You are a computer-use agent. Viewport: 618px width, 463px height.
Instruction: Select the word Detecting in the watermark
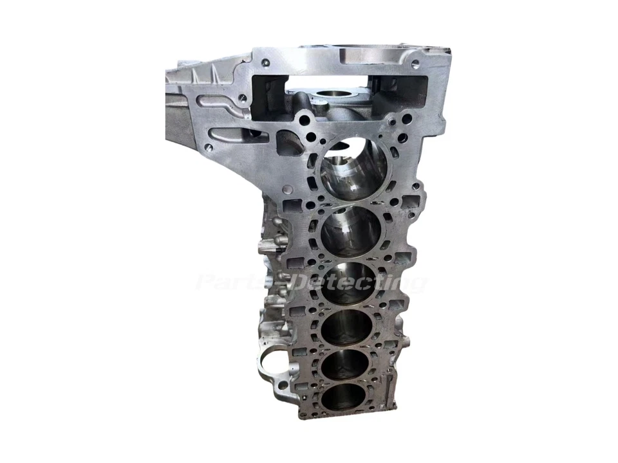tap(358, 282)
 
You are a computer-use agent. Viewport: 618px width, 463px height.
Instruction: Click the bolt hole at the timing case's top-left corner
tap(265, 62)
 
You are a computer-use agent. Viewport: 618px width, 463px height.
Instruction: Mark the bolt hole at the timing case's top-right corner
tap(415, 64)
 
